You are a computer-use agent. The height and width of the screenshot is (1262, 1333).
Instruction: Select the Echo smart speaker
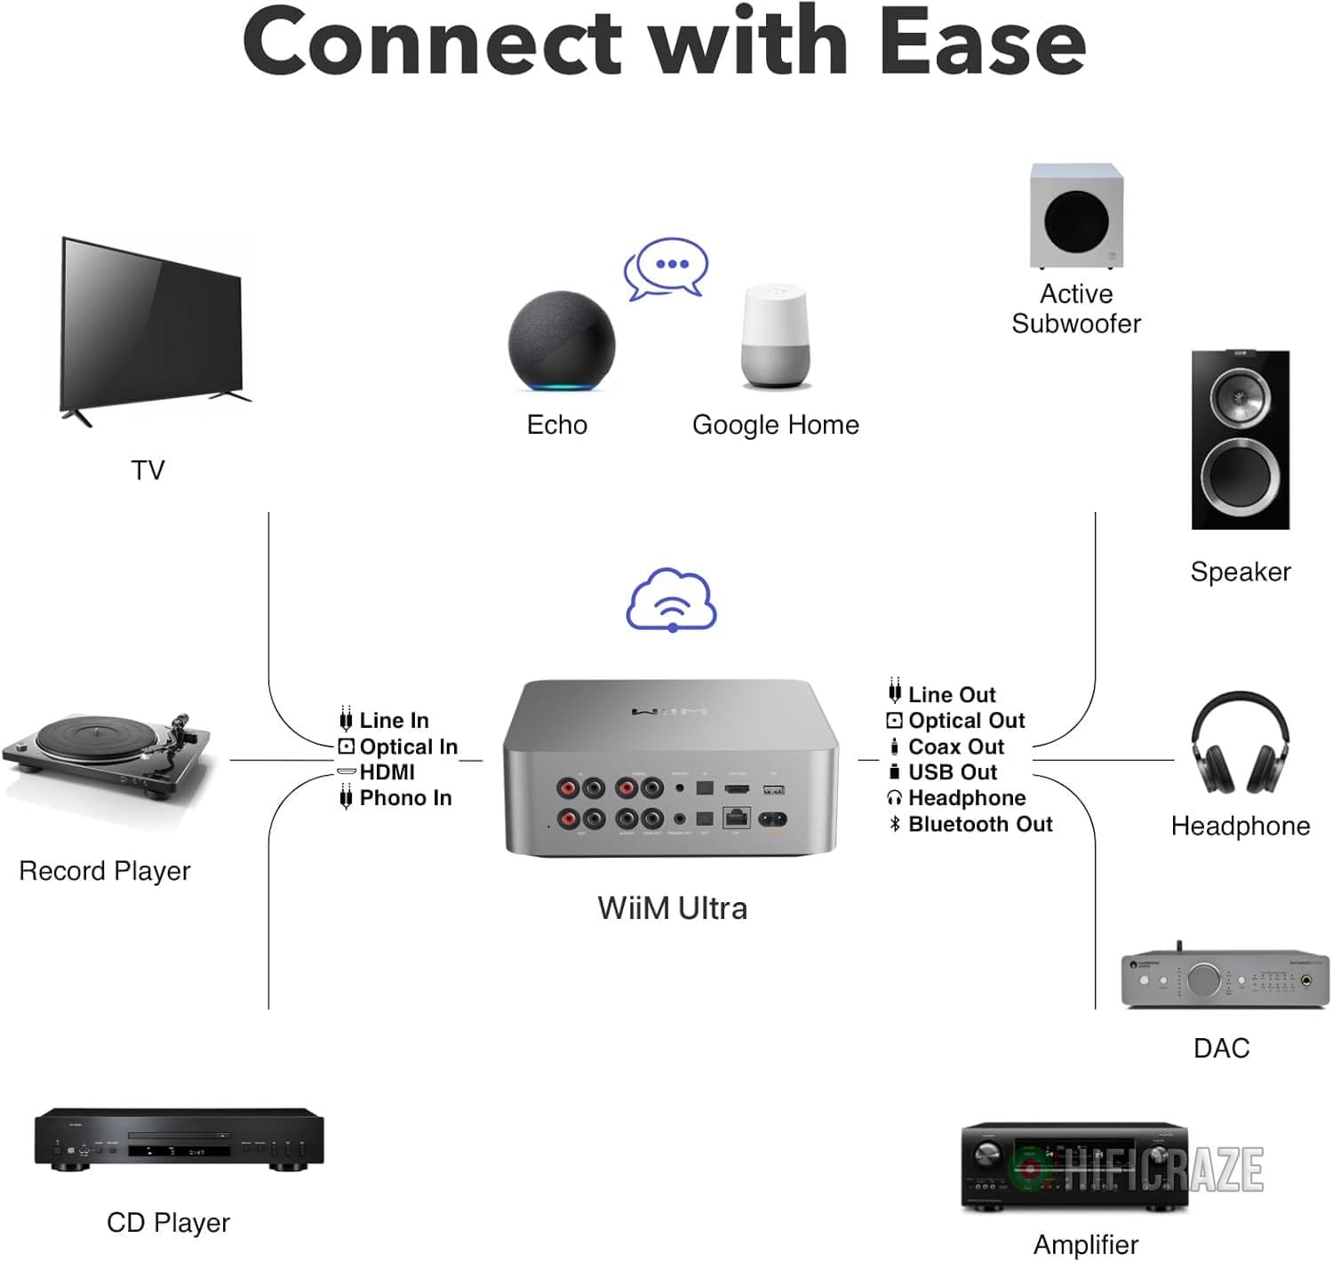tap(562, 341)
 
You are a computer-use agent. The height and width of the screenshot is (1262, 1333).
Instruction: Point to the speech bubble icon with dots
tap(666, 267)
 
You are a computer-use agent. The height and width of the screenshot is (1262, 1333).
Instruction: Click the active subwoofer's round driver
tap(1076, 220)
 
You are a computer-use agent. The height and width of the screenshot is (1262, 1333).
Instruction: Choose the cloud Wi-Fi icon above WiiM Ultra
tap(672, 600)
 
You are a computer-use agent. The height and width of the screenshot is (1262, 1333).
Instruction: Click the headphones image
tap(1241, 745)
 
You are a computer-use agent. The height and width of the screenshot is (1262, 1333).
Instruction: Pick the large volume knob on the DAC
tap(1202, 979)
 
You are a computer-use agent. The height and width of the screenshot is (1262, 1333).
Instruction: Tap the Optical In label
tap(408, 747)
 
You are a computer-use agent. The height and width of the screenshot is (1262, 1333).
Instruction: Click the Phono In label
tap(405, 798)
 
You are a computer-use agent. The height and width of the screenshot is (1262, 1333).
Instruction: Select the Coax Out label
tap(955, 747)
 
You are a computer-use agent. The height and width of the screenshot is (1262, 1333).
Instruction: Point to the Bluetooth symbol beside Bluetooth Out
tap(895, 824)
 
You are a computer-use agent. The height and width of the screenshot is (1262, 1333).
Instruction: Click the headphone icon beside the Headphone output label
tap(895, 798)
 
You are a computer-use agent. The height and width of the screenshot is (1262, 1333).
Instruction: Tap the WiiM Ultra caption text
tap(672, 908)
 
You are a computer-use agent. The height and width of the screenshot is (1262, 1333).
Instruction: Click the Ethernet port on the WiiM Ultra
tap(737, 817)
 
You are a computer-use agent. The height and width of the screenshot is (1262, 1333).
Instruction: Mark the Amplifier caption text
tap(1085, 1244)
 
